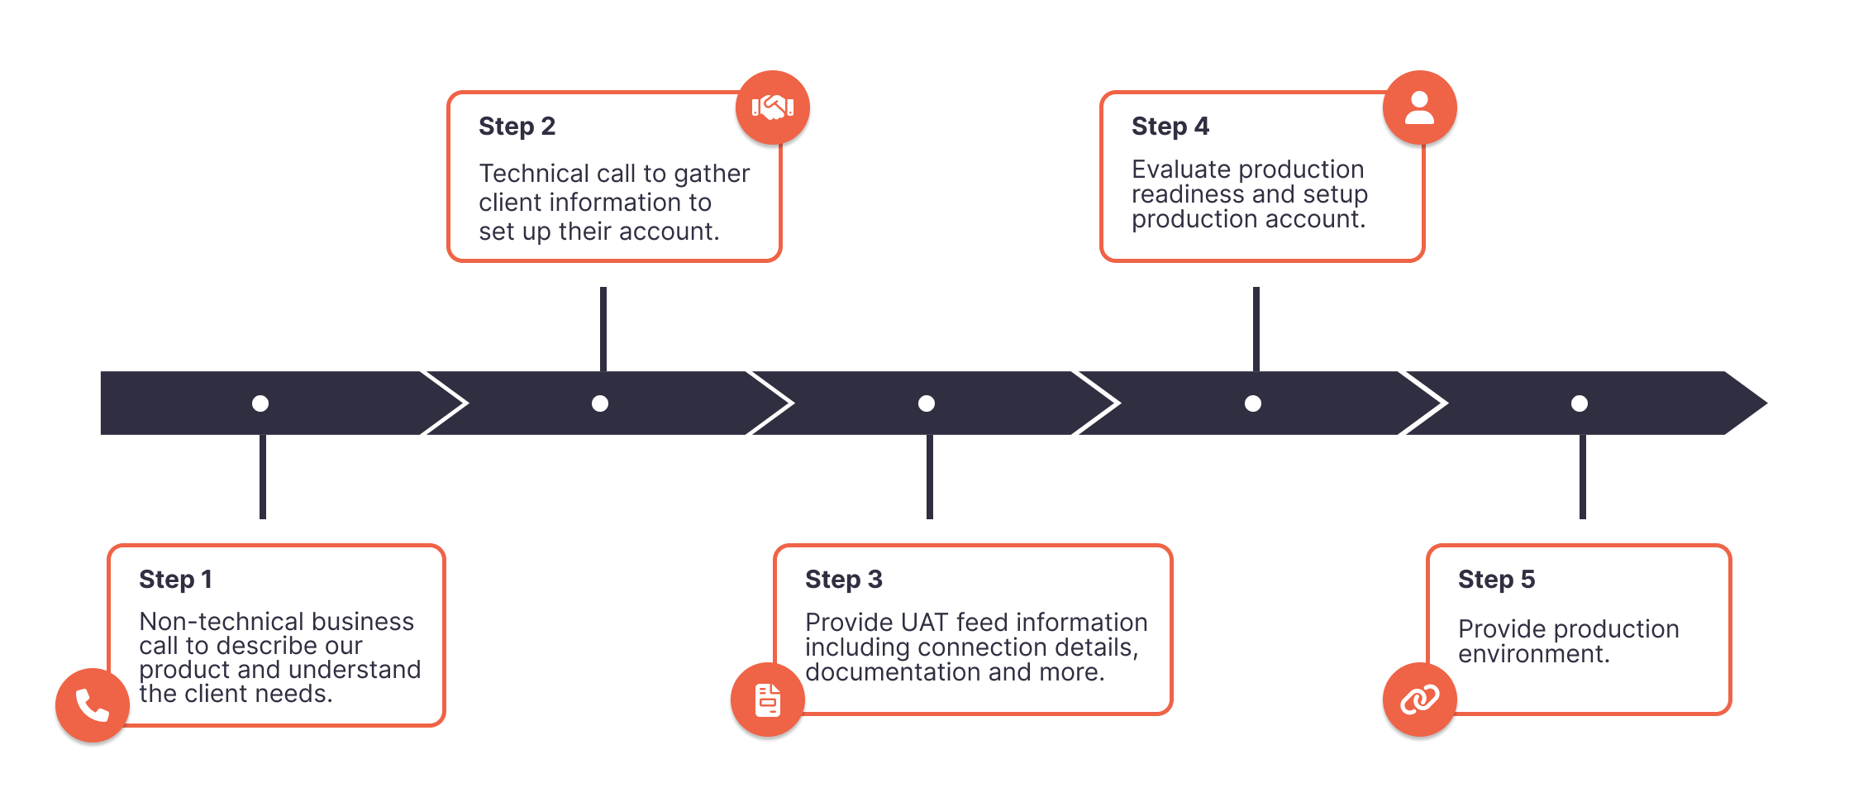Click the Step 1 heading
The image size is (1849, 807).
(x=175, y=580)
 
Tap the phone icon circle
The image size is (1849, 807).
(x=93, y=705)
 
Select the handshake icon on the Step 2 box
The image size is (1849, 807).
(x=772, y=107)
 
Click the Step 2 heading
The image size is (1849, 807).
(x=517, y=127)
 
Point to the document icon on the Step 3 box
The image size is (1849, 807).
(x=768, y=700)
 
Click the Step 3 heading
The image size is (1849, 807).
(x=843, y=580)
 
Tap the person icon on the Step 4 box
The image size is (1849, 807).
(x=1419, y=107)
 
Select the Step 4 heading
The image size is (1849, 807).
(x=1170, y=127)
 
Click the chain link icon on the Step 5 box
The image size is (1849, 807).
(x=1419, y=700)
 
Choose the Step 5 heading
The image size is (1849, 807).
(x=1496, y=580)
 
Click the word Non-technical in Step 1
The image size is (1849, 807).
(x=209, y=622)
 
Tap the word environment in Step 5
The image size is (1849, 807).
(x=1533, y=654)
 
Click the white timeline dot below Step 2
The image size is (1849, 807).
(x=600, y=403)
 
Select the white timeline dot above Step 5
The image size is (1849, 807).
(x=1579, y=403)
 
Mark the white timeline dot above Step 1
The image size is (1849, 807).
(x=260, y=403)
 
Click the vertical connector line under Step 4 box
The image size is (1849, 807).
(x=1256, y=329)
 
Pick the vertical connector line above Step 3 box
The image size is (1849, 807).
(x=930, y=477)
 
